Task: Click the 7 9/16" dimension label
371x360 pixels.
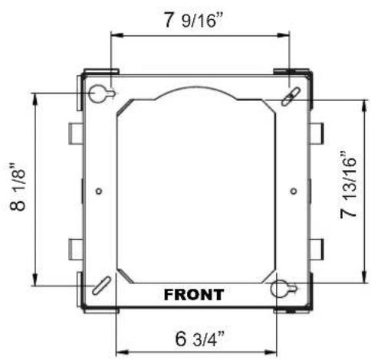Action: pos(193,20)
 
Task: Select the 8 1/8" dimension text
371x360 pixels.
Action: pos(18,186)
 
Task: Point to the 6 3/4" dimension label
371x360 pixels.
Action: pos(200,339)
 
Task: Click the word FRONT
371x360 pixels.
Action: pos(194,295)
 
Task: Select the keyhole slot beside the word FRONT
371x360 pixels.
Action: pos(284,289)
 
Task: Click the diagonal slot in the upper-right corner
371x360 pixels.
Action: pos(291,97)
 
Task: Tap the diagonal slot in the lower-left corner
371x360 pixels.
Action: pos(101,286)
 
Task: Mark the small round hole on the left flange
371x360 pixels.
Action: pos(99,191)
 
